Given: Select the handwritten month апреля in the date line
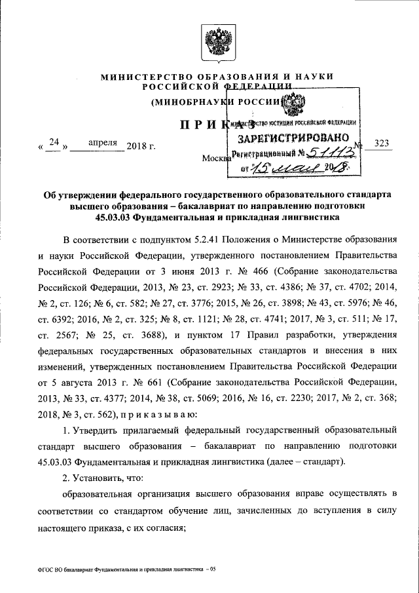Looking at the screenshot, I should click(101, 142).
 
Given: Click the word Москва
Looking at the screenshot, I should click(217, 159).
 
